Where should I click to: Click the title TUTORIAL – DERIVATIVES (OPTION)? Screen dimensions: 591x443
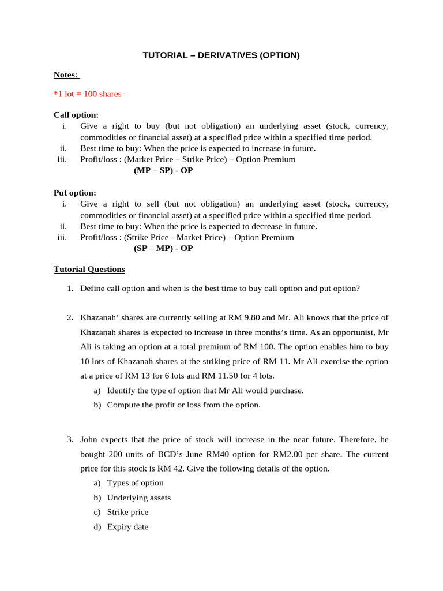221,55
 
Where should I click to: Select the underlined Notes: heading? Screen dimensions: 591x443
66,74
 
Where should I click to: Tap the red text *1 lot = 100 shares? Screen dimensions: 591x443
87,94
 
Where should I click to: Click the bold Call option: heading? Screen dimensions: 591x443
76,115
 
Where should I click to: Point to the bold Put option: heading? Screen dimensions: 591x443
75,193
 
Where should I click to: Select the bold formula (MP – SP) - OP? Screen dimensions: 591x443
163,171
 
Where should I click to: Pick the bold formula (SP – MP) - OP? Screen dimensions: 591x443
163,248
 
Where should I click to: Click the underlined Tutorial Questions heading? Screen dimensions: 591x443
89,269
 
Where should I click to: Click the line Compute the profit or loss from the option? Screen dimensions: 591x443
183,405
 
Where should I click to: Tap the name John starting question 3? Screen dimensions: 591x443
90,439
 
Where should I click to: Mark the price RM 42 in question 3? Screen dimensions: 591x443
166,468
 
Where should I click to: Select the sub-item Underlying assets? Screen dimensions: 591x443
138,498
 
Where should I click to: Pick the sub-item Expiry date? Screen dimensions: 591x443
127,526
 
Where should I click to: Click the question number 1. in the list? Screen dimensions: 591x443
70,289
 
